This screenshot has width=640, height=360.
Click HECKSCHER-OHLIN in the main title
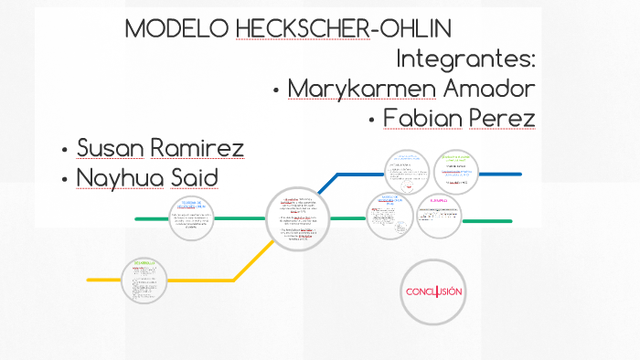(343, 28)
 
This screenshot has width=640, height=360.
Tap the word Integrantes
(465, 59)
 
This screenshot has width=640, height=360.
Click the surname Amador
(490, 89)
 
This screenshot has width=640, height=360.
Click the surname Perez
(502, 119)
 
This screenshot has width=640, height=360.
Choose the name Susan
(109, 148)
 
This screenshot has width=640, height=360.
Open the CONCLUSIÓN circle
(434, 292)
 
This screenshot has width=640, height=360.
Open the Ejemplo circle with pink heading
(440, 216)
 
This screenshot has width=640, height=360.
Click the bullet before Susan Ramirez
(64, 150)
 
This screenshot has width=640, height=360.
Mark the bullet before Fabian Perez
(371, 121)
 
